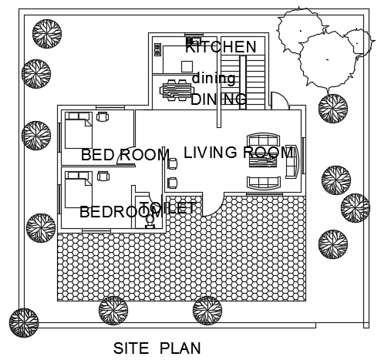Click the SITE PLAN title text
157,348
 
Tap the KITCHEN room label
221,47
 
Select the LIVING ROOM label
239,152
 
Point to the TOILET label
168,207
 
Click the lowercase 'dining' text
214,79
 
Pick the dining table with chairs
177,90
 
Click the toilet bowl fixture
150,221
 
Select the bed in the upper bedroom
79,130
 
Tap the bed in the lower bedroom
79,190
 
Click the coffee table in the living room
263,161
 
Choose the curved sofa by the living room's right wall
292,161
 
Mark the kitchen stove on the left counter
157,49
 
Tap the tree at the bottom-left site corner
24,323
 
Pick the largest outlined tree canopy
328,59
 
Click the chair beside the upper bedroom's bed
103,116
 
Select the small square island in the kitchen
187,66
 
